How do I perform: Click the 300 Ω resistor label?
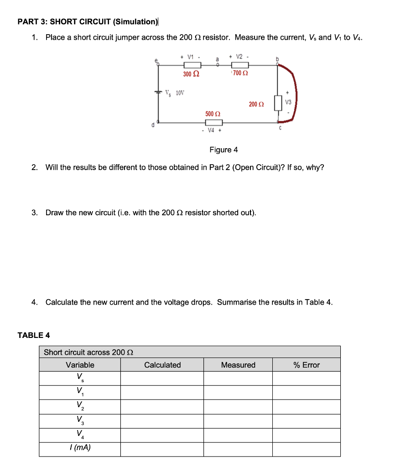click(191, 74)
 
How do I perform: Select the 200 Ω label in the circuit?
click(256, 104)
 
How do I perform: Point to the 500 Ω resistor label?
click(213, 114)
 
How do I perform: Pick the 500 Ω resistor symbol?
click(213, 122)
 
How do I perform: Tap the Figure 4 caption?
click(224, 150)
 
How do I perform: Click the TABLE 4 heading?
click(34, 335)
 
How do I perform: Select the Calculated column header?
click(162, 365)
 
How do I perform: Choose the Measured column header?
click(238, 365)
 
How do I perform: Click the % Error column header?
click(307, 365)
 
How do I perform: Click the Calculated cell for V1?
click(162, 392)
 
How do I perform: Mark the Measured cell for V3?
click(238, 421)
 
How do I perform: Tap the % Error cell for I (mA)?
click(307, 449)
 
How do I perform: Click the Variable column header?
click(80, 365)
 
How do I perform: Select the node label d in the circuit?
click(154, 125)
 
